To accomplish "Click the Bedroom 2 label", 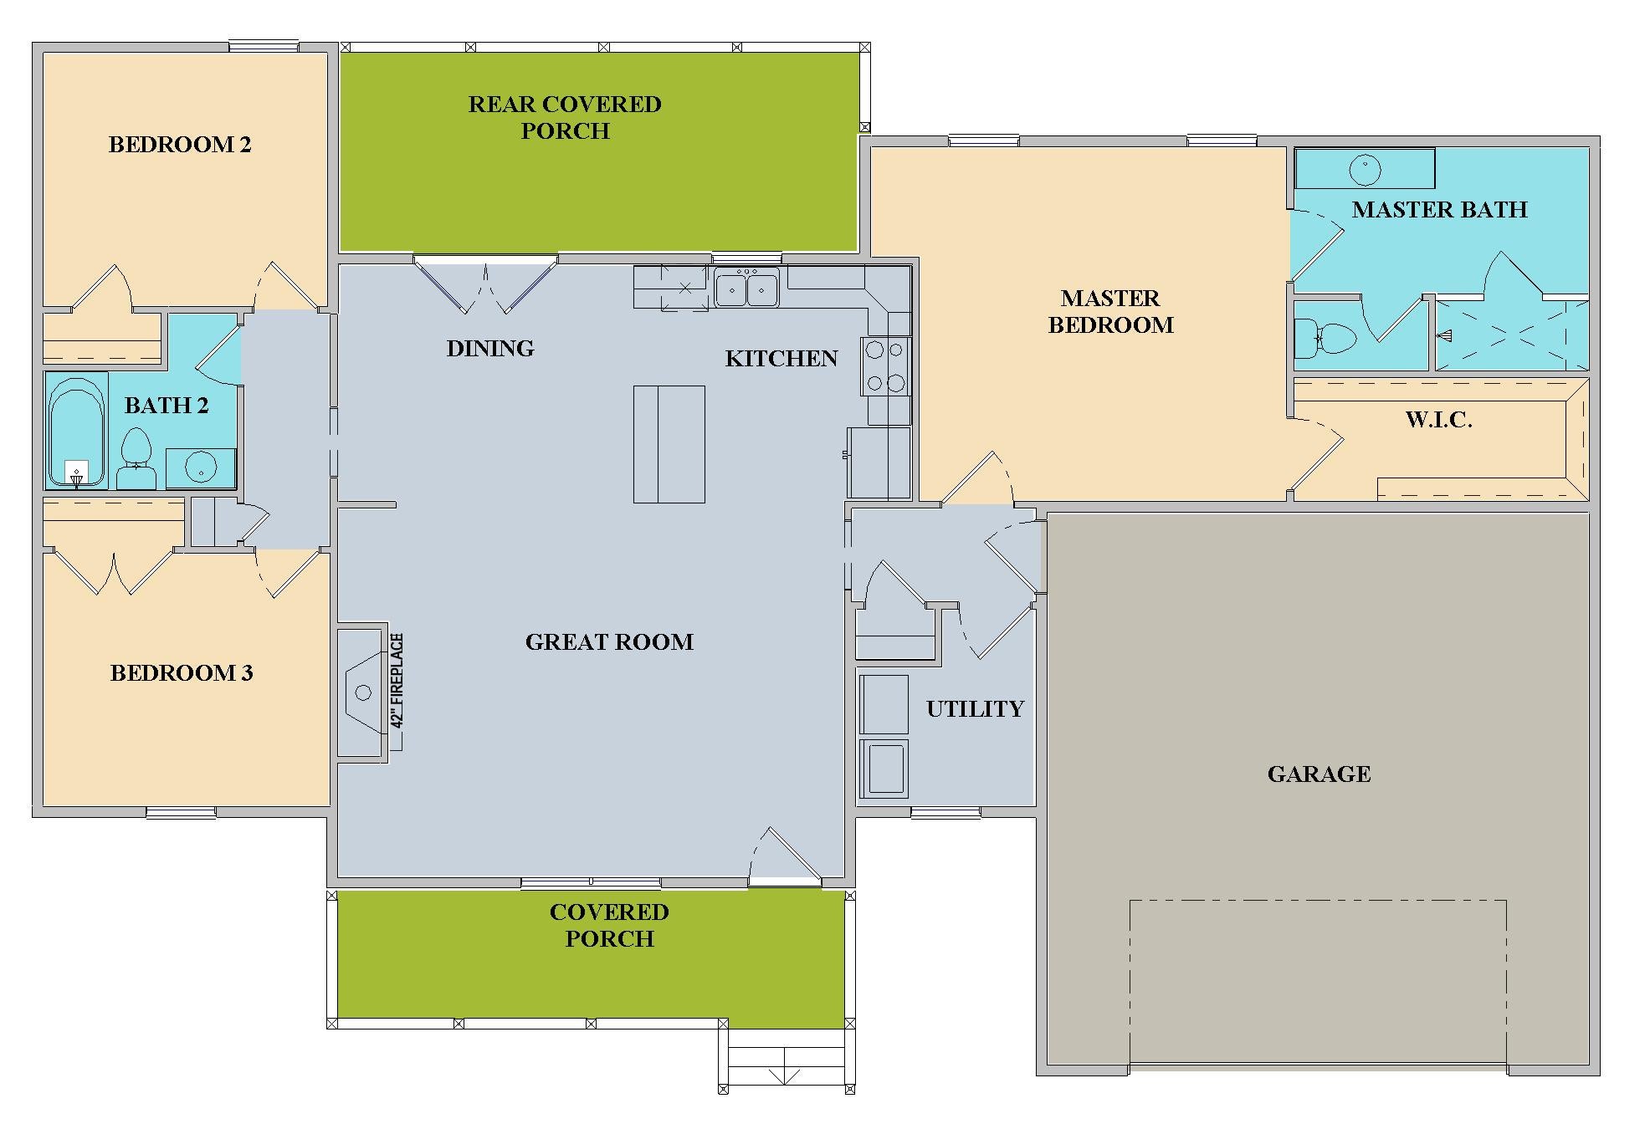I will point(180,145).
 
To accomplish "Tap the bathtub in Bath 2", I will point(76,431).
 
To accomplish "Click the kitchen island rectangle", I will point(669,444).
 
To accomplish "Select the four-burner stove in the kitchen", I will point(885,366).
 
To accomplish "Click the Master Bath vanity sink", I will point(1365,170).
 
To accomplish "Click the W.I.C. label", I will point(1438,420).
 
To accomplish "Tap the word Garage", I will point(1319,774).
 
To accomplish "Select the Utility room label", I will point(975,709).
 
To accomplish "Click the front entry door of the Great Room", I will point(785,855).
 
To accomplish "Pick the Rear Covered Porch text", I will point(565,117).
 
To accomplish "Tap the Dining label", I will point(490,349).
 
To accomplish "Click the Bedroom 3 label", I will point(182,673).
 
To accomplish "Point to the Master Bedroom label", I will point(1110,311).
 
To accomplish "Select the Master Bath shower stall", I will point(1512,335).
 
